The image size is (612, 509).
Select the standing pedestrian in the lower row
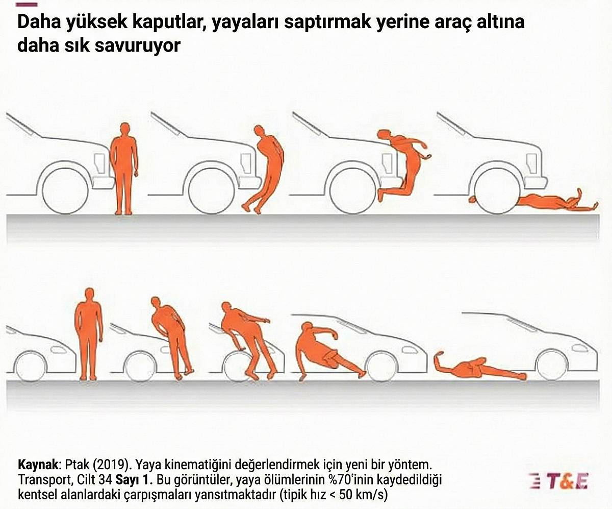(x=89, y=334)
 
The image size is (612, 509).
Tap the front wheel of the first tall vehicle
(x=62, y=188)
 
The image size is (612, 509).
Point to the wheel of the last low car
(x=551, y=365)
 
